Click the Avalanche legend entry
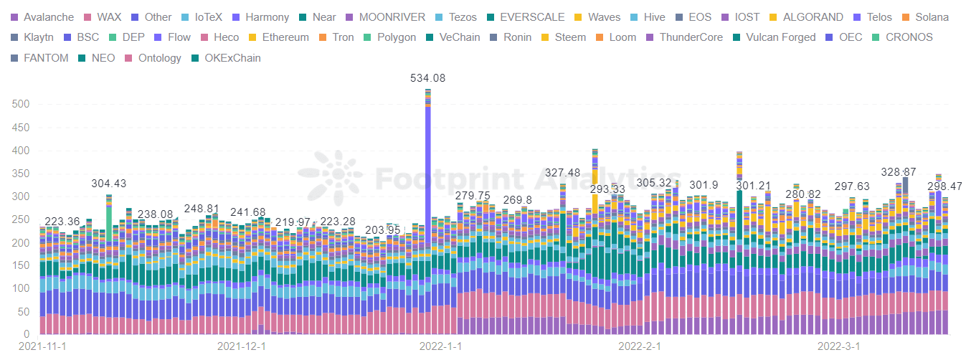pos(42,16)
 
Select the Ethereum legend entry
pos(278,37)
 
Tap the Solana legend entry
pos(925,16)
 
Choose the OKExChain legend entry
pos(226,58)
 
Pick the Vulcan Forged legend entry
pos(773,37)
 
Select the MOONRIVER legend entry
pos(385,16)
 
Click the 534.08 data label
pos(427,78)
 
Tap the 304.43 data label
pos(108,184)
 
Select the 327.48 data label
pos(562,173)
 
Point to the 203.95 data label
pos(383,229)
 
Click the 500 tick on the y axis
pos(21,105)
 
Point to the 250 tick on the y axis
pos(21,219)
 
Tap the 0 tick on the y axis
pos(27,334)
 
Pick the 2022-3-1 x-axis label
pos(838,346)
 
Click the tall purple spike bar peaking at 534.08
pos(428,179)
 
